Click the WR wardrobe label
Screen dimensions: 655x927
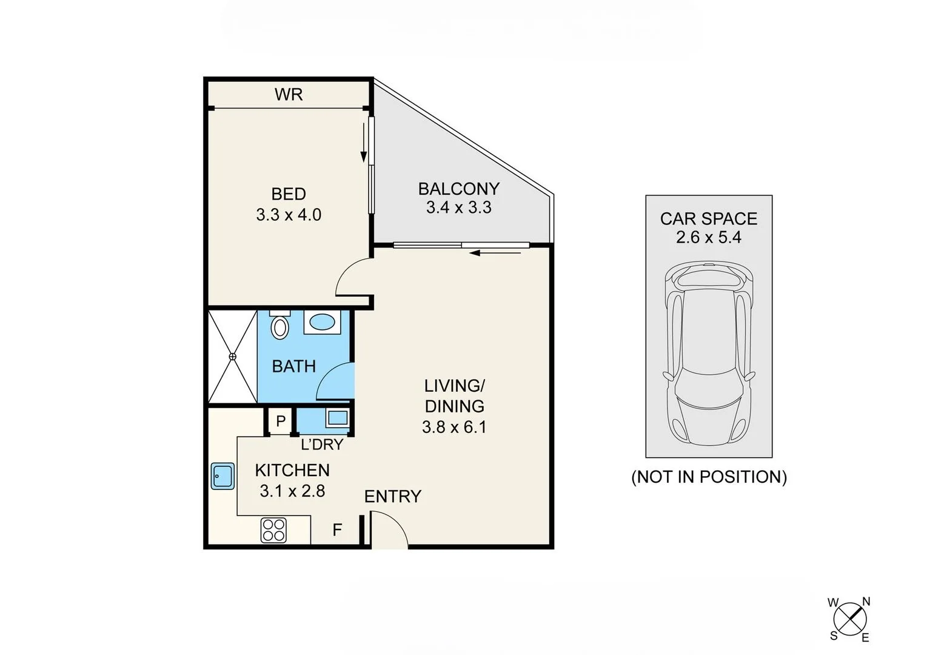click(288, 95)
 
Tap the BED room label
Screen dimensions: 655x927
click(288, 194)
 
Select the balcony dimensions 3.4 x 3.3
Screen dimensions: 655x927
click(458, 207)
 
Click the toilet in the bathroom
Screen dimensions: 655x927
click(279, 327)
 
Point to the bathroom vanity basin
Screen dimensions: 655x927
click(321, 322)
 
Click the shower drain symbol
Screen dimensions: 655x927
click(232, 357)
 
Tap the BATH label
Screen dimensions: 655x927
click(293, 366)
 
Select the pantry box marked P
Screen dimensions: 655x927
click(280, 421)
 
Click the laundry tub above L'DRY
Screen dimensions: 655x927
click(337, 418)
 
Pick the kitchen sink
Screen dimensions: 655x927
click(223, 476)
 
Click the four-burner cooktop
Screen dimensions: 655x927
click(273, 529)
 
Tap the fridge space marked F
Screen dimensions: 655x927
click(337, 530)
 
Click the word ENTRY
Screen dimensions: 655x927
click(392, 497)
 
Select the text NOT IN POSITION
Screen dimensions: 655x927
click(709, 477)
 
